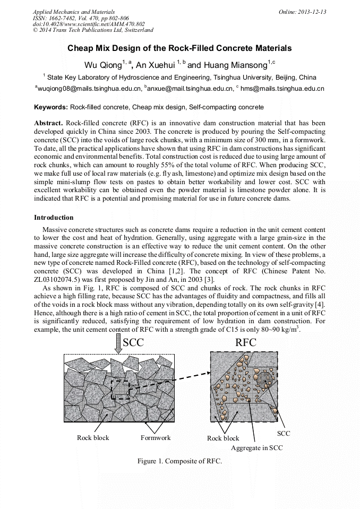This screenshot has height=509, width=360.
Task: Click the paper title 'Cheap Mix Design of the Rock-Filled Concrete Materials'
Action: [x=179, y=48]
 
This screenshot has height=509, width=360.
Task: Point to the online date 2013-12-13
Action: [x=312, y=12]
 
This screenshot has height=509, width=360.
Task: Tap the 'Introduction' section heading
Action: [x=54, y=218]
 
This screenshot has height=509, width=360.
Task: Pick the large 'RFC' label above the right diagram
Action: [x=245, y=343]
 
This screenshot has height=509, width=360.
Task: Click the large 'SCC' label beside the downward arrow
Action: [x=133, y=343]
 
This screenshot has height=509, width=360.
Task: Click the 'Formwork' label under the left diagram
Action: [x=155, y=438]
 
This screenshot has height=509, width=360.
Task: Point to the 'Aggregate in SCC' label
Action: [x=256, y=448]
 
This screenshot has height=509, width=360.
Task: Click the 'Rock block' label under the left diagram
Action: [x=93, y=438]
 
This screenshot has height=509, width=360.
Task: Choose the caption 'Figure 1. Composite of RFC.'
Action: [x=179, y=461]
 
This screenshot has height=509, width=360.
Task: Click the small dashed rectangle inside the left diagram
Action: [x=119, y=390]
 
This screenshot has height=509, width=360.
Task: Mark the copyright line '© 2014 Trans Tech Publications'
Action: [x=93, y=30]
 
